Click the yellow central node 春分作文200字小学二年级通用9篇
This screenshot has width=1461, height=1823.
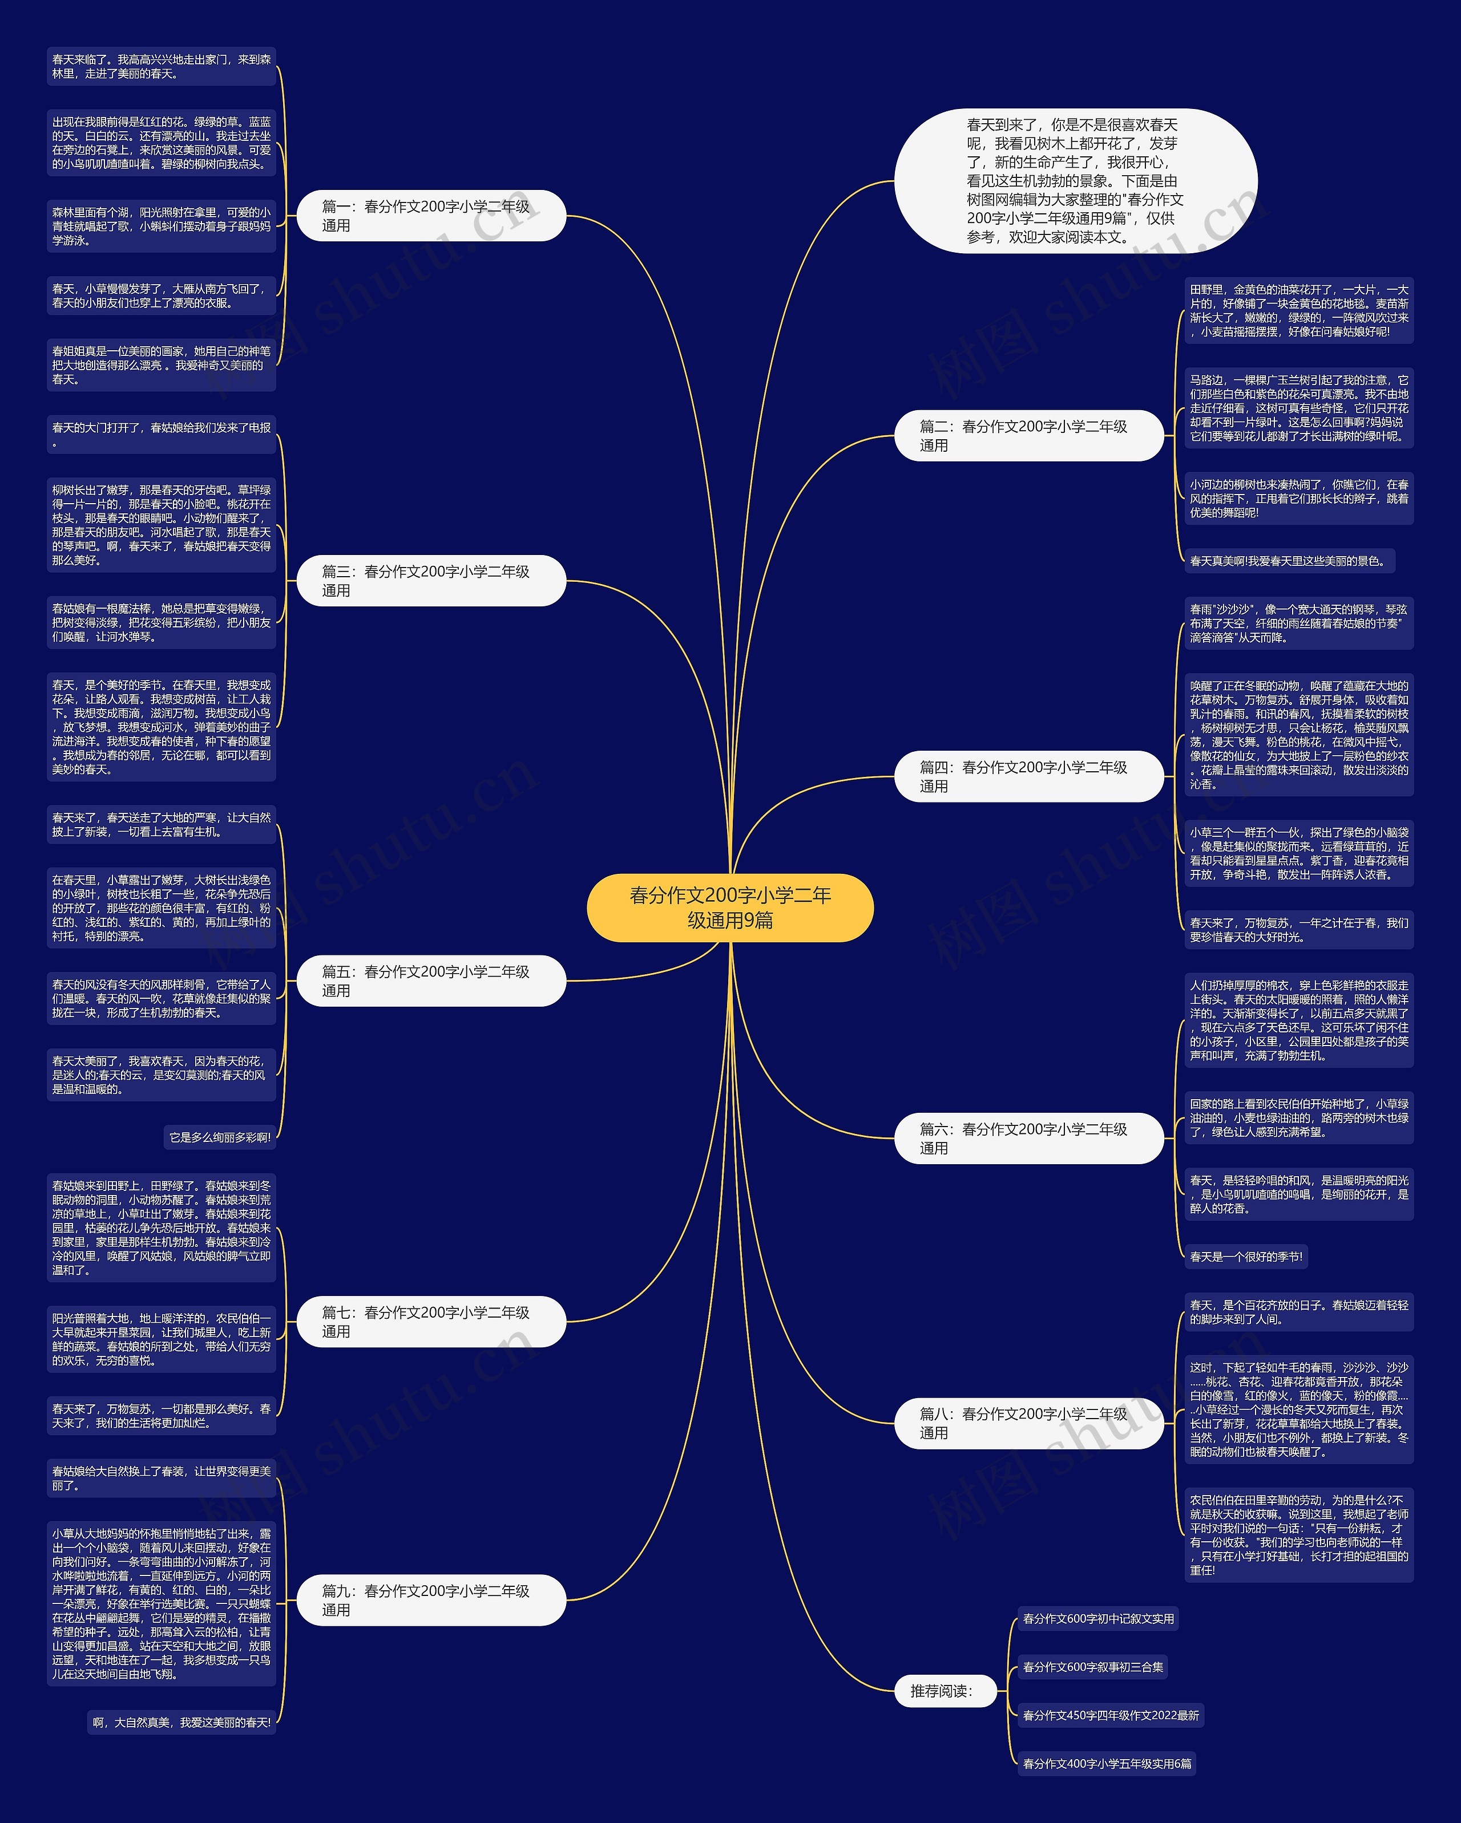click(x=729, y=908)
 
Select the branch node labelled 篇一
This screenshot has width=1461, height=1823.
click(x=431, y=216)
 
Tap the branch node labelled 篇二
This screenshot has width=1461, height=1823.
click(x=1029, y=435)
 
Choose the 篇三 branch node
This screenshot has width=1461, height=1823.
click(x=431, y=581)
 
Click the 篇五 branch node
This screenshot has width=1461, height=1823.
click(x=431, y=981)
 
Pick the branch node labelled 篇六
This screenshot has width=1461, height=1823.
click(x=1029, y=1138)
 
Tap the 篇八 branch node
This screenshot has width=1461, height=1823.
click(x=1029, y=1423)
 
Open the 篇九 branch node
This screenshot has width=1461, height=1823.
click(x=431, y=1600)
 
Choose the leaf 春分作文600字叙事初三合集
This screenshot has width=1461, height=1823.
click(x=1093, y=1667)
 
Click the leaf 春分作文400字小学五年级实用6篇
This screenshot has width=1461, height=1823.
click(x=1107, y=1764)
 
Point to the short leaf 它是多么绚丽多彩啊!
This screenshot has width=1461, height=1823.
click(x=220, y=1137)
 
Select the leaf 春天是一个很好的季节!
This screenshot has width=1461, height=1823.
click(x=1246, y=1257)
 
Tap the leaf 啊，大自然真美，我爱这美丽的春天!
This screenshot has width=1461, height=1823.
click(x=182, y=1723)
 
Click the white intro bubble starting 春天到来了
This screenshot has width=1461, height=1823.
click(x=1075, y=181)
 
